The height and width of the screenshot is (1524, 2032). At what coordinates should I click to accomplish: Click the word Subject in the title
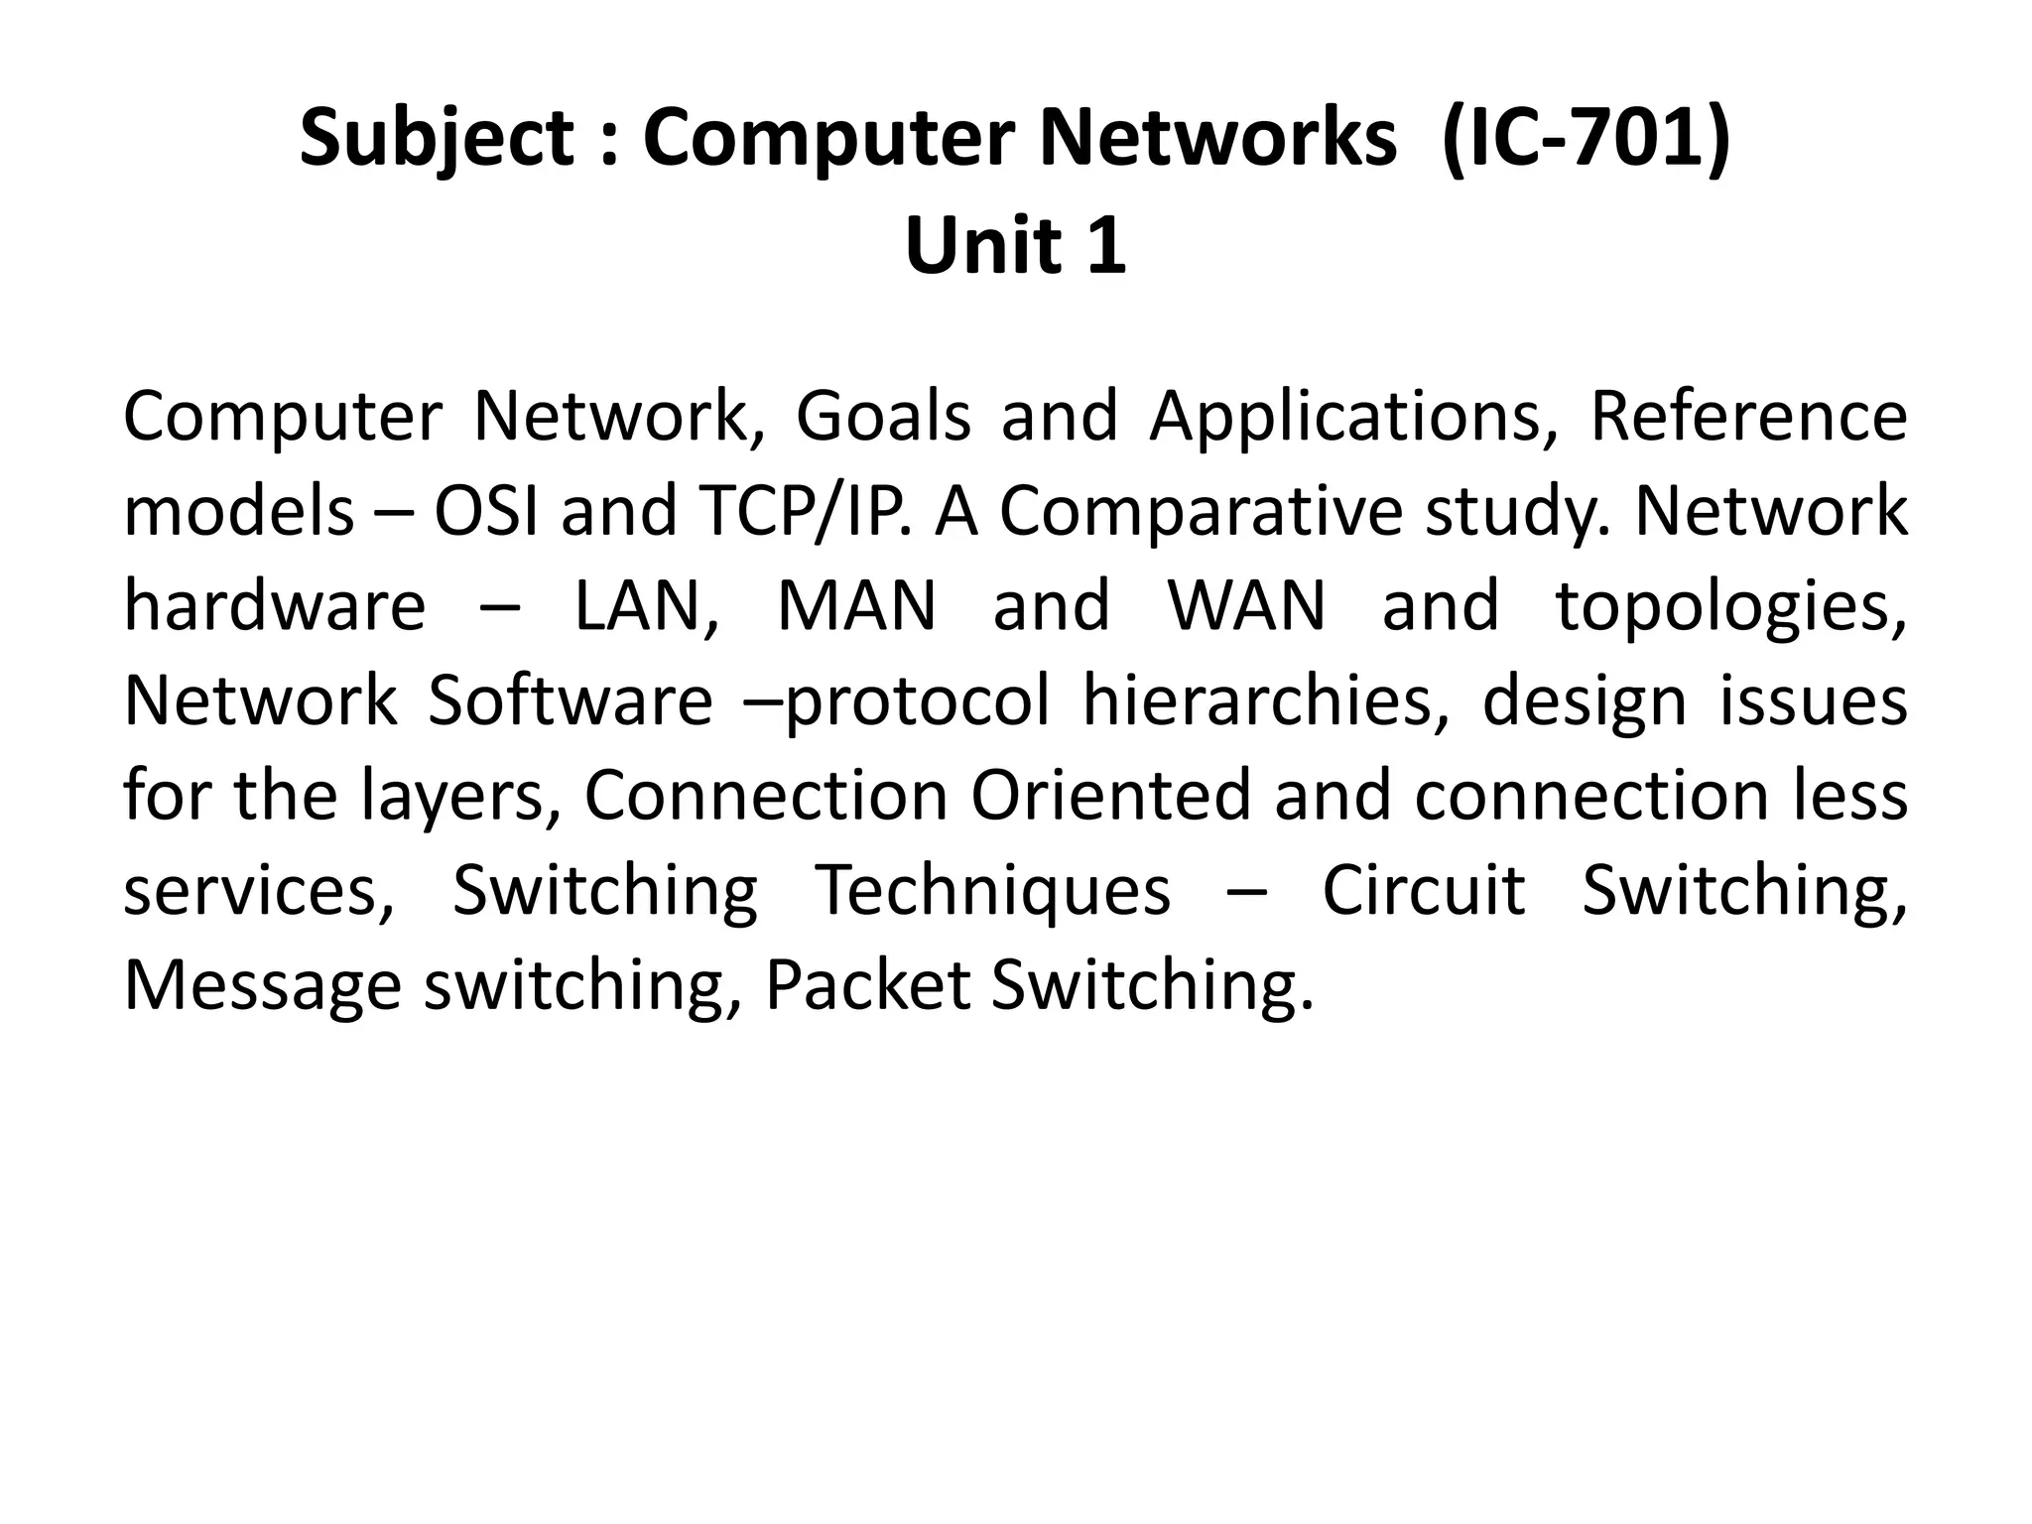pos(436,139)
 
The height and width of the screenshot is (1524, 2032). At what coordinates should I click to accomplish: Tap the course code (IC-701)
pos(1587,139)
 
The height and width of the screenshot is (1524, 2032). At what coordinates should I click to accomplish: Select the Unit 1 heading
pos(1015,246)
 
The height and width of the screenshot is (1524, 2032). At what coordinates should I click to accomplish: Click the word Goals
pos(883,417)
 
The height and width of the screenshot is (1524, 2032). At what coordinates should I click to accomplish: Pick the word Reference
pos(1748,417)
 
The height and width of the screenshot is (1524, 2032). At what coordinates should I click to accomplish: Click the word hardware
pos(275,606)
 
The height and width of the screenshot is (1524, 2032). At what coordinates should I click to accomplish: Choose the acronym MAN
pos(856,606)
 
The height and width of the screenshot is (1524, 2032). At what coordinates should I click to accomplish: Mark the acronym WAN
pos(1246,606)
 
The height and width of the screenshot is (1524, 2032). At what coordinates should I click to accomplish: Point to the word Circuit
pos(1424,890)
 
